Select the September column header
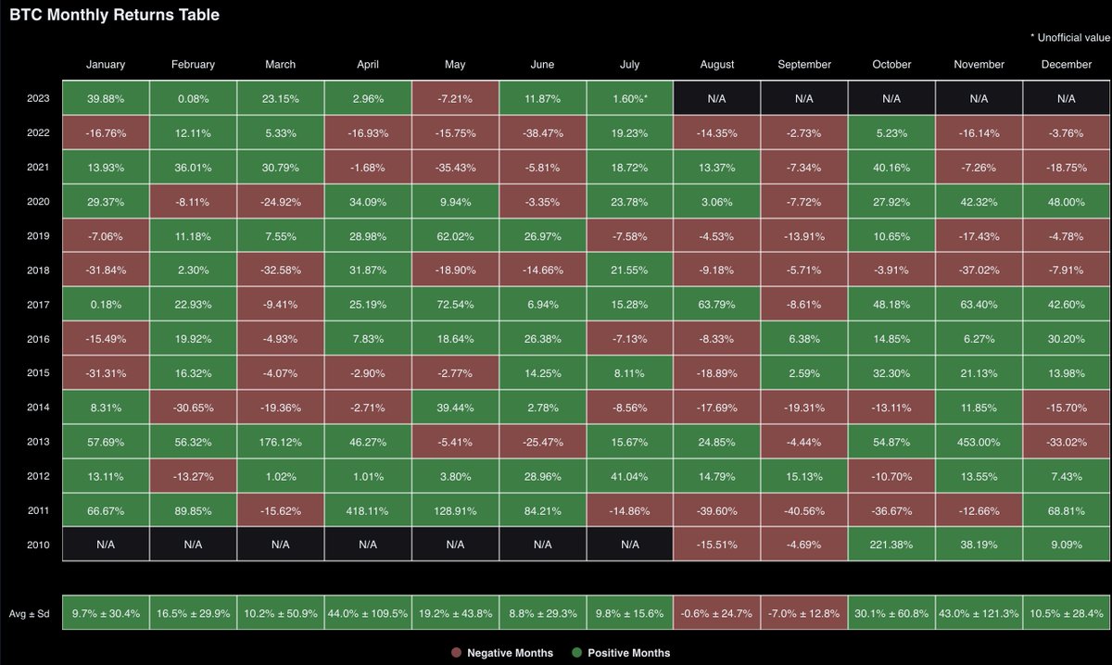pyautogui.click(x=804, y=65)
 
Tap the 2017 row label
pyautogui.click(x=39, y=304)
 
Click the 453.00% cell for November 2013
pyautogui.click(x=979, y=440)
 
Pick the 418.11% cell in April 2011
pyautogui.click(x=368, y=508)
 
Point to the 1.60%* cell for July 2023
pyautogui.click(x=630, y=98)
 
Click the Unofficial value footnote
pyautogui.click(x=1069, y=37)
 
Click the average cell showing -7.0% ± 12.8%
pyautogui.click(x=804, y=612)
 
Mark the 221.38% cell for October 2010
pyautogui.click(x=891, y=543)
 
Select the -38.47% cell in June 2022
pyautogui.click(x=542, y=132)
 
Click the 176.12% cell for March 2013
pyautogui.click(x=281, y=440)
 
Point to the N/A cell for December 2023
pyautogui.click(x=1066, y=98)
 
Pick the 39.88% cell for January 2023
pyautogui.click(x=106, y=98)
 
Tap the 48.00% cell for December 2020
pyautogui.click(x=1066, y=201)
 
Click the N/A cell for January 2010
pyautogui.click(x=106, y=543)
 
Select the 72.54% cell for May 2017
pyautogui.click(x=455, y=304)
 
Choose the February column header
pyautogui.click(x=193, y=65)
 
